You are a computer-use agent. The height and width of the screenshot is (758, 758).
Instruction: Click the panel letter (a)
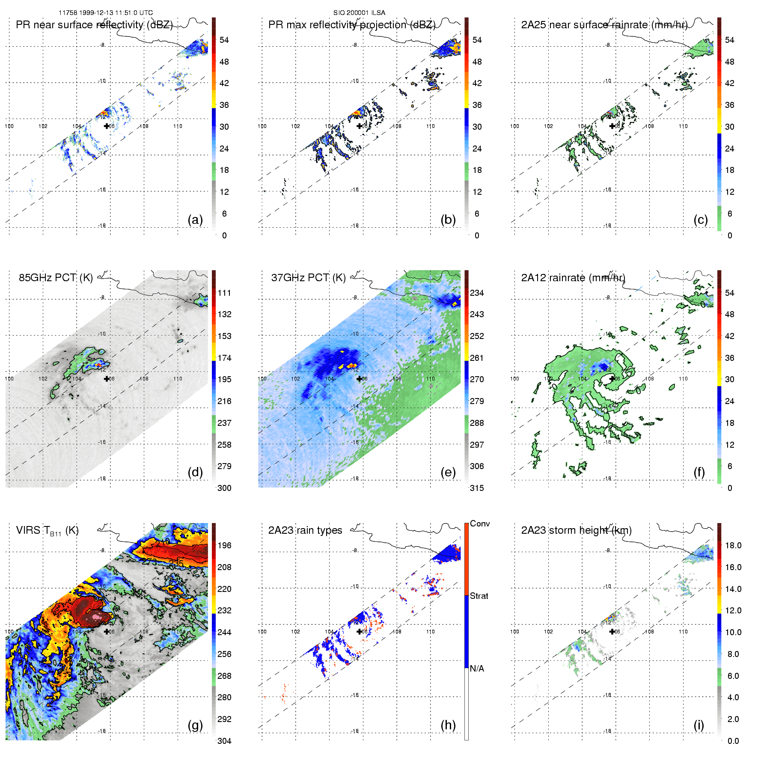pos(195,220)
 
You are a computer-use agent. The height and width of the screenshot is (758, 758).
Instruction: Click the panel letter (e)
pos(448,473)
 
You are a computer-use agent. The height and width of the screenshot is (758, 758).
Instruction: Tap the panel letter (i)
pos(699,725)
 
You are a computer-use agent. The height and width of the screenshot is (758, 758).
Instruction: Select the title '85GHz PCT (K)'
pos(56,278)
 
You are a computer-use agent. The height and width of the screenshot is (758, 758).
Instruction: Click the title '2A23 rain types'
pos(305,530)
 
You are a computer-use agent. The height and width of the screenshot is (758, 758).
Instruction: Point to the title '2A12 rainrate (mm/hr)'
pos(573,278)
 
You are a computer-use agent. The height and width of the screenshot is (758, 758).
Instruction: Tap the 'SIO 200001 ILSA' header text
pos(359,13)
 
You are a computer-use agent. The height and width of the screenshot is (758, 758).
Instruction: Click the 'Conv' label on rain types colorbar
pos(480,524)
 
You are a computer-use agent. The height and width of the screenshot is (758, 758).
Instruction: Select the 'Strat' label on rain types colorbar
pos(479,596)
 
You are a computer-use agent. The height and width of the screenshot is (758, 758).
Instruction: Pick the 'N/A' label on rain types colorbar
pos(477,669)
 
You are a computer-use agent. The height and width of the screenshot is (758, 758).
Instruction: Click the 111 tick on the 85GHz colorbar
pos(224,293)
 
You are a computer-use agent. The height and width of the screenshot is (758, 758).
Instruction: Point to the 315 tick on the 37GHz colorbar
pos(477,488)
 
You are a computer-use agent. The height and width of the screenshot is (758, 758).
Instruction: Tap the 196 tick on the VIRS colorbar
pos(224,546)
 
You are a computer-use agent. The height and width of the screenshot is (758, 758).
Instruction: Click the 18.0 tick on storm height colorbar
pos(733,546)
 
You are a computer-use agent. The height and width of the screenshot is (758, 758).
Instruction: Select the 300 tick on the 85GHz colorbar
pos(224,488)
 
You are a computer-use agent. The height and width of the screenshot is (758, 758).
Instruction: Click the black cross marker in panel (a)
pos(107,126)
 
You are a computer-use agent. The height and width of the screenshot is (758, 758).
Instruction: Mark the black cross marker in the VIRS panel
pos(107,631)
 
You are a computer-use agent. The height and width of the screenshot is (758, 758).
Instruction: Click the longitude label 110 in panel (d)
pos(178,379)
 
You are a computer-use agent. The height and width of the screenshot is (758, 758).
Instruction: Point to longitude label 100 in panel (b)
pos(262,126)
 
